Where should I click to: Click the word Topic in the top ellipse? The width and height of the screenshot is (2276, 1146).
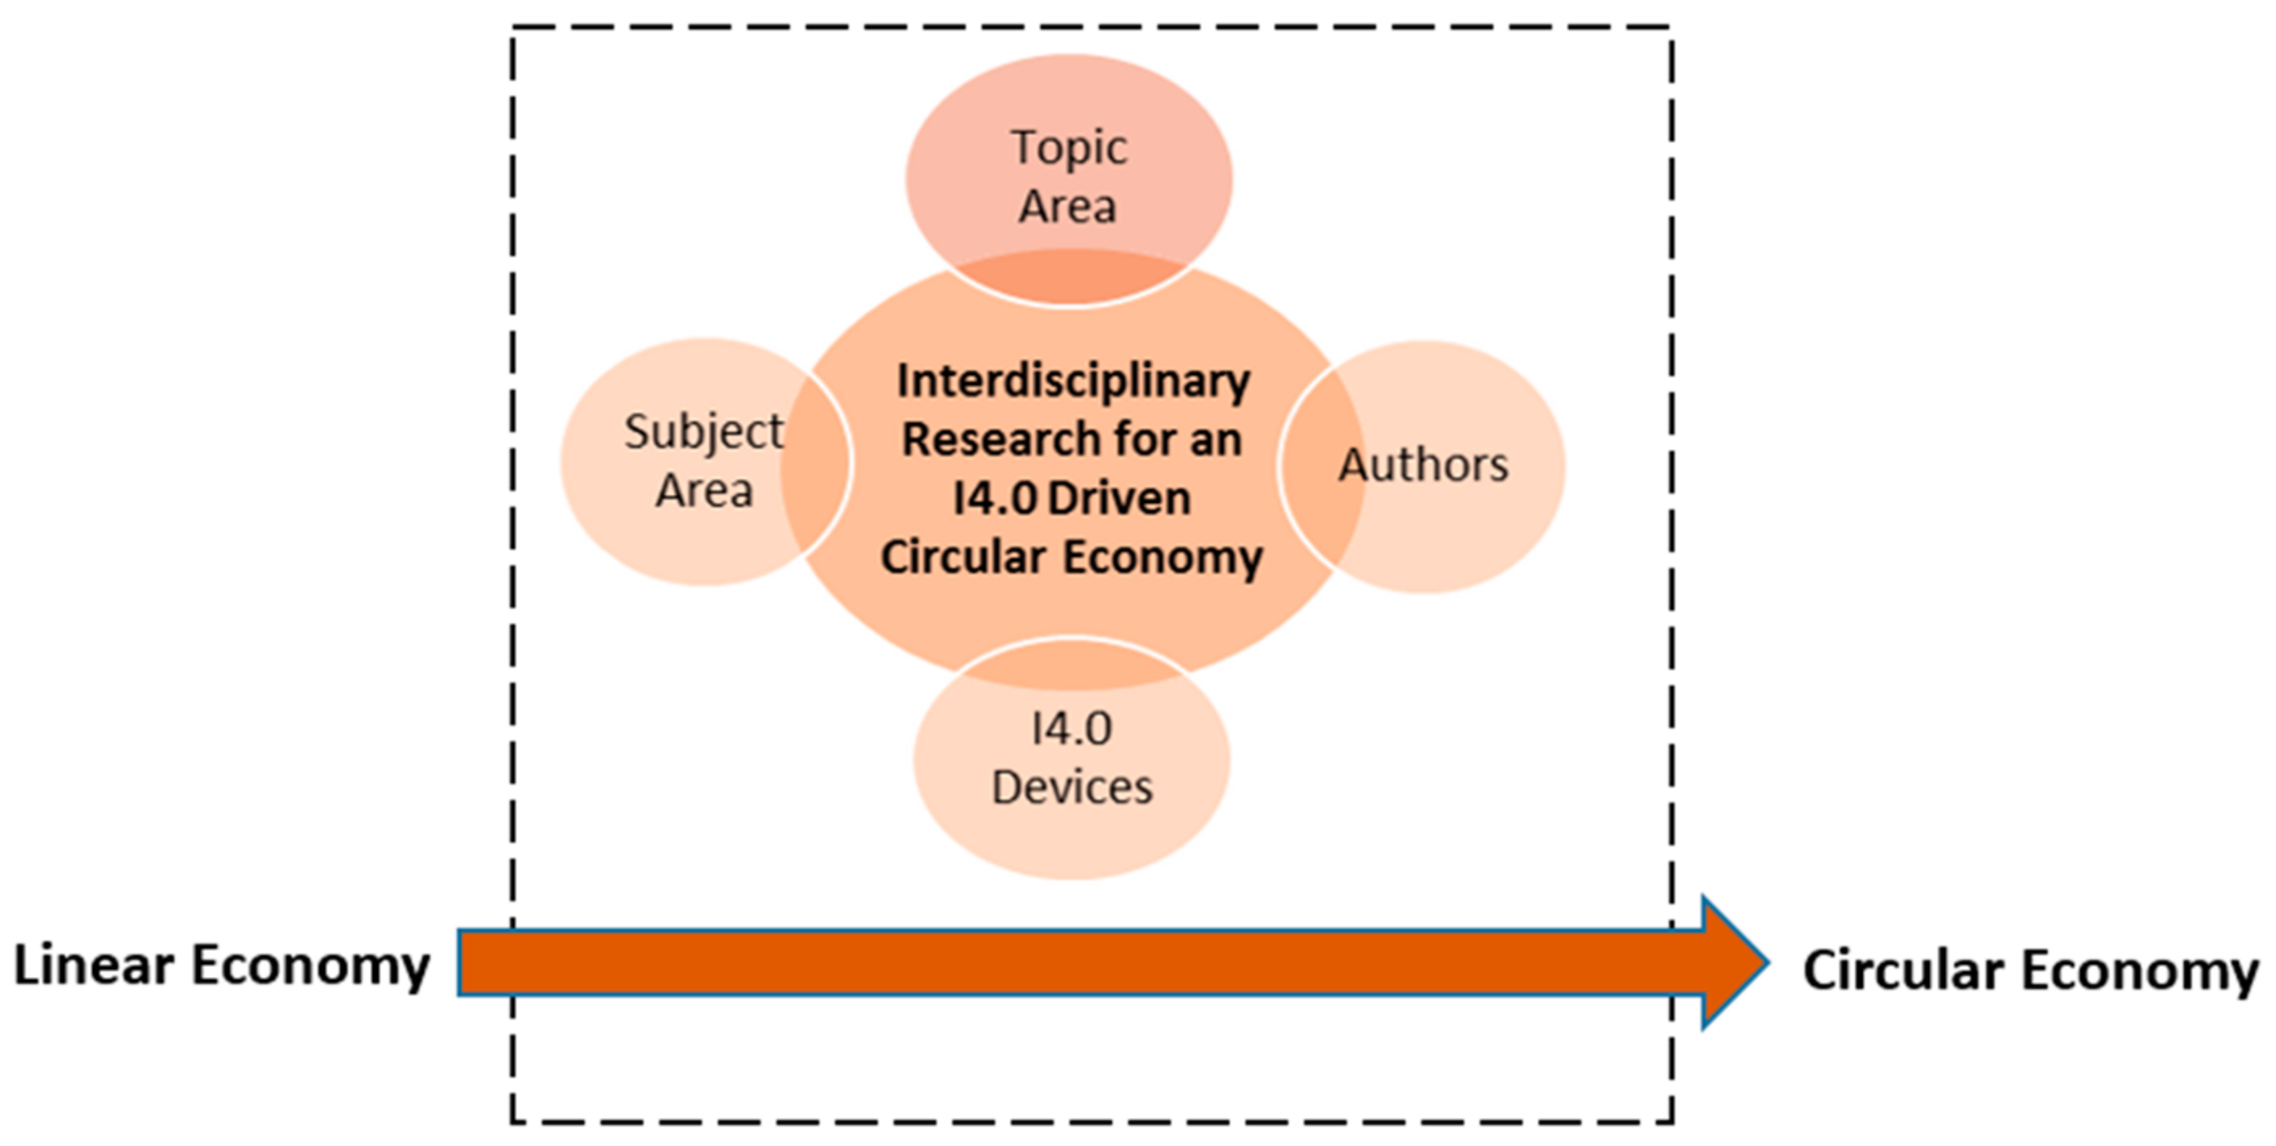[1069, 148]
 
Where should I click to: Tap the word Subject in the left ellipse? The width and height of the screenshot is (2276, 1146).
[703, 433]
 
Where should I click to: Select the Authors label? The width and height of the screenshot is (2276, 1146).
[1424, 465]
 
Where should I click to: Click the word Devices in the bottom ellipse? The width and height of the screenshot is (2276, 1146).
[1072, 787]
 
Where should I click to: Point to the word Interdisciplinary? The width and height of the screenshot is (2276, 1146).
[1073, 382]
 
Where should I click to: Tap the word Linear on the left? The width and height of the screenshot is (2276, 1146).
[94, 965]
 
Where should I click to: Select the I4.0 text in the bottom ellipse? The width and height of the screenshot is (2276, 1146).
[1072, 729]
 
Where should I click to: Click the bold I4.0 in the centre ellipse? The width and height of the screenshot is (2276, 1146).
[995, 499]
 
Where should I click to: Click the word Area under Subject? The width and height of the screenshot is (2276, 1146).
[703, 491]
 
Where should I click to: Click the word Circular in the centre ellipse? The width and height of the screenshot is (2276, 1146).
[963, 558]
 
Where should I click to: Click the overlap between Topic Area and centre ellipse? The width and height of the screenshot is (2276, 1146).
[1069, 278]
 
